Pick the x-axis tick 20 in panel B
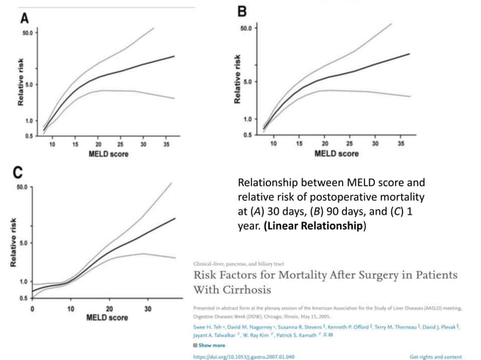[324, 142]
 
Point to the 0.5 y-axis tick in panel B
[248, 135]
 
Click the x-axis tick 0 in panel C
[32, 307]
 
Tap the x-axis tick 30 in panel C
[148, 307]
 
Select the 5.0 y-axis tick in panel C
[23, 243]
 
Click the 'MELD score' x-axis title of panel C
[106, 317]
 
